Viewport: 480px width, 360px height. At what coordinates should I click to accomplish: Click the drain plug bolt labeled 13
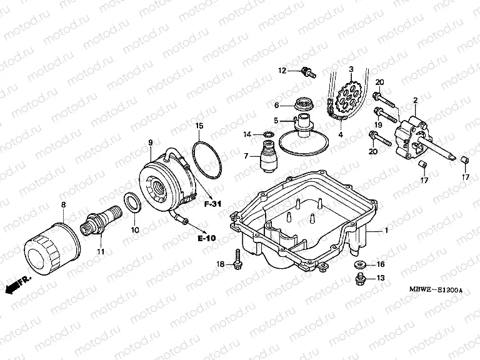(359, 279)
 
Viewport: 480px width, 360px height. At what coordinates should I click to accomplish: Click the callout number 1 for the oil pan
(386, 231)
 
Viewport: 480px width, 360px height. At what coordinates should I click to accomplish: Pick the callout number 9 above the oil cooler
(150, 143)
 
